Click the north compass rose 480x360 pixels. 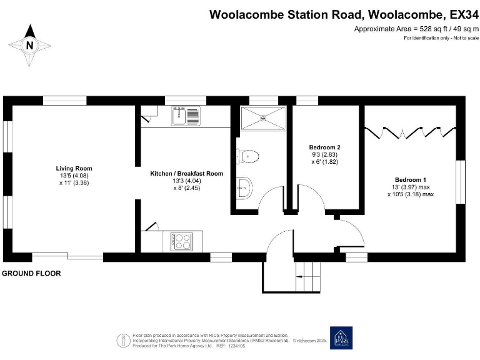point(29,45)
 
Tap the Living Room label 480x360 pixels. point(74,168)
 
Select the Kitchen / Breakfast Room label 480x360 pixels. point(186,173)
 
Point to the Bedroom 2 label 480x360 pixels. point(324,147)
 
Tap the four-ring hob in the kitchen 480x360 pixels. point(182,241)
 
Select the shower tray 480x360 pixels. point(262,117)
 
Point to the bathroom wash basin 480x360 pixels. point(244,185)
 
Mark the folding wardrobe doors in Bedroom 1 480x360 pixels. point(410,131)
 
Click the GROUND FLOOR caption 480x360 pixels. point(31,274)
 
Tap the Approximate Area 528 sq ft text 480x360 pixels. point(416,29)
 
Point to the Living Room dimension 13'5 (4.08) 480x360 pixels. point(74,176)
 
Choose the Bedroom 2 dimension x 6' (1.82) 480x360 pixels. point(325,161)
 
